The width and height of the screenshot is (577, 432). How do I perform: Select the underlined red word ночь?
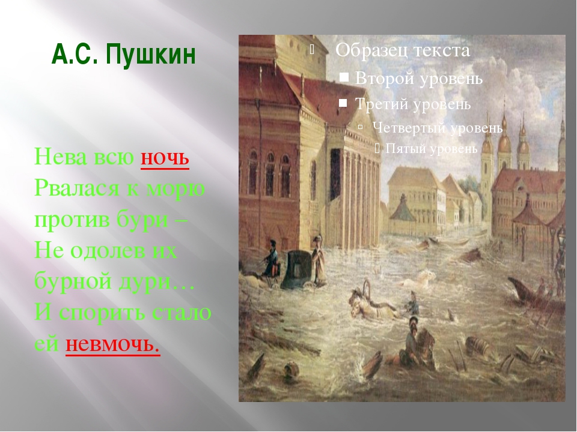[x=165, y=158]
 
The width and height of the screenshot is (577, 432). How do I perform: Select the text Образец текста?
[x=402, y=50]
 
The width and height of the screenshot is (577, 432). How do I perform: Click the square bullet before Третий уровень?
[x=343, y=103]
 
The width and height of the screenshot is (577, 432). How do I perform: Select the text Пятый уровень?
[x=432, y=148]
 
